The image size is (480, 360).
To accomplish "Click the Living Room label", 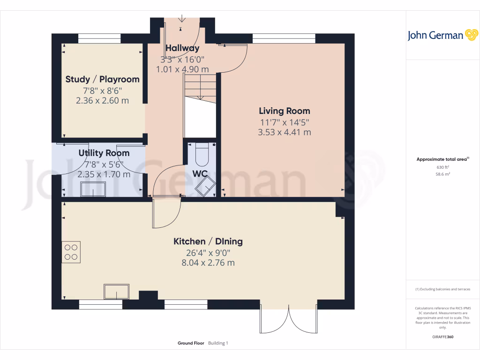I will coord(285,111).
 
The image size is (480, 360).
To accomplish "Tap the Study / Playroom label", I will coord(102,79).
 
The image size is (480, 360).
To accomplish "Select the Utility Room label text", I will coord(104,153).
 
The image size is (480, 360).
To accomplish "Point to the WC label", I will coord(200,174).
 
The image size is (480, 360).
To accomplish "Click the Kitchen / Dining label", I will coord(208,241).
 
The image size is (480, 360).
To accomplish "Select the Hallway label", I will coord(182,48).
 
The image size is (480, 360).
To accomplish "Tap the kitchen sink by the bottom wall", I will coord(116,292).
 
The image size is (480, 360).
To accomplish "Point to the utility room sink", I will coord(93,189).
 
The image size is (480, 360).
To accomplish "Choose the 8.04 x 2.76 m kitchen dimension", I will coord(208,263).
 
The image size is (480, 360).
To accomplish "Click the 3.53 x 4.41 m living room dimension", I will coord(285,132).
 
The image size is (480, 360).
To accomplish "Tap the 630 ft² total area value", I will coord(442,167).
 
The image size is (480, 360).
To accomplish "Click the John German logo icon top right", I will coord(471,35).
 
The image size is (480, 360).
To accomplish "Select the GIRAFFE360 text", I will coord(442,337).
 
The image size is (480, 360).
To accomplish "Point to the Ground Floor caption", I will coord(191,343).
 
